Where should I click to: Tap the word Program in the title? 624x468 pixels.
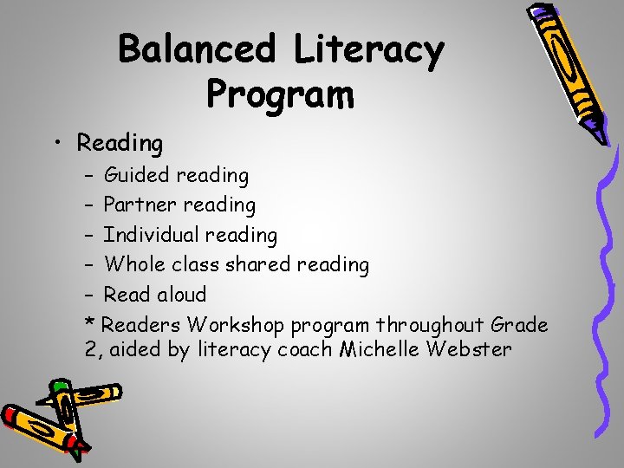(280, 92)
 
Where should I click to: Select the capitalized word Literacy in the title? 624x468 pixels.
(368, 49)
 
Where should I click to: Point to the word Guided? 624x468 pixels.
(136, 175)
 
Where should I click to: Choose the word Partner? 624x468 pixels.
(139, 205)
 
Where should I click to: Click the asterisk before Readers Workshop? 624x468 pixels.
(90, 323)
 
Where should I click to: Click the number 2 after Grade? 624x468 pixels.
(91, 350)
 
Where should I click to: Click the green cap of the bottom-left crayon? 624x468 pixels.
(61, 387)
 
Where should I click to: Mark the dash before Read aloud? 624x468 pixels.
(90, 295)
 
